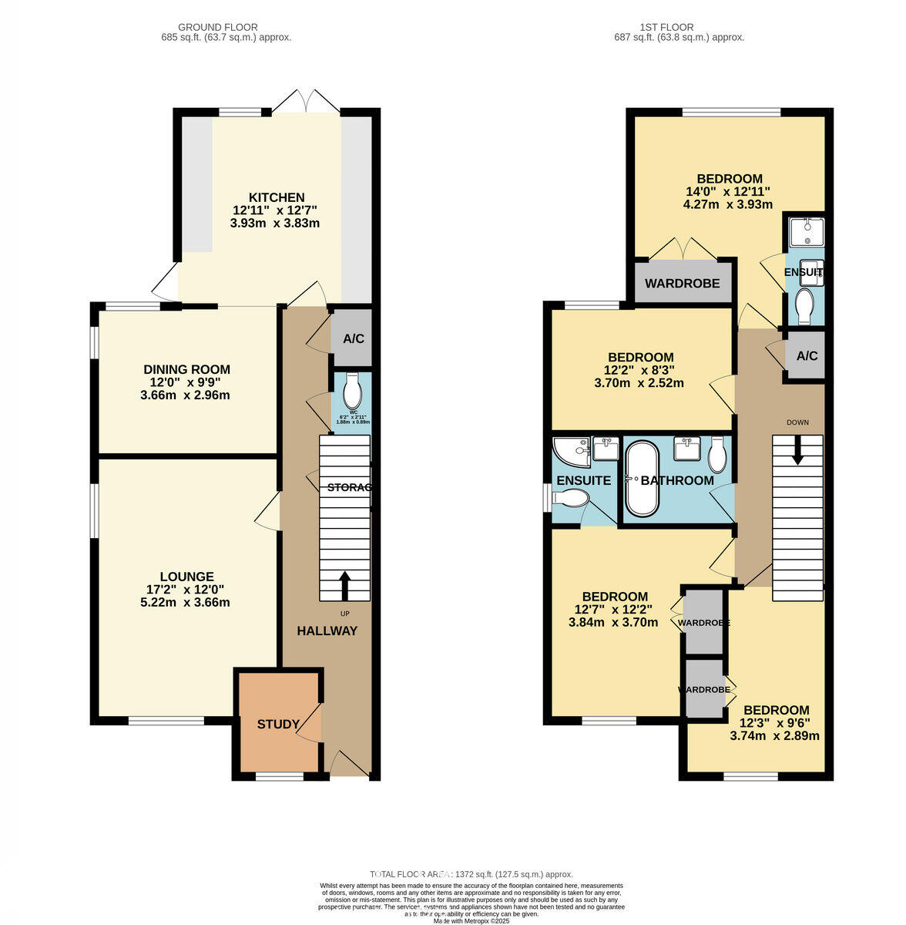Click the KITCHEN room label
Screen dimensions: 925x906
276,197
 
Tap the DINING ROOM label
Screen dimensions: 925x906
186,370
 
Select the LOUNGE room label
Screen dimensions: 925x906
186,577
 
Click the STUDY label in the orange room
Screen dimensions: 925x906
278,725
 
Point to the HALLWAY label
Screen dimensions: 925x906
327,631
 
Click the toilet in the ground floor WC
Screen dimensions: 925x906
353,392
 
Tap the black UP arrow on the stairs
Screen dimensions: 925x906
344,585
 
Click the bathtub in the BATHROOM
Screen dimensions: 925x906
641,479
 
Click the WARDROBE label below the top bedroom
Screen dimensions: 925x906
682,284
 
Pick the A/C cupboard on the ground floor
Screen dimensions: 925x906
353,338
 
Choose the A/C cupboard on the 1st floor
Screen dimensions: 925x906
806,356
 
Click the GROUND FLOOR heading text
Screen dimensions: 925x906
218,27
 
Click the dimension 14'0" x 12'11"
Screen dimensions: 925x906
728,192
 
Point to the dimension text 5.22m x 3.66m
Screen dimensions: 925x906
186,602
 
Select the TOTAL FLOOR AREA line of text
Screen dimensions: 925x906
471,874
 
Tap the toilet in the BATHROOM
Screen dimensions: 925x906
717,456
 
